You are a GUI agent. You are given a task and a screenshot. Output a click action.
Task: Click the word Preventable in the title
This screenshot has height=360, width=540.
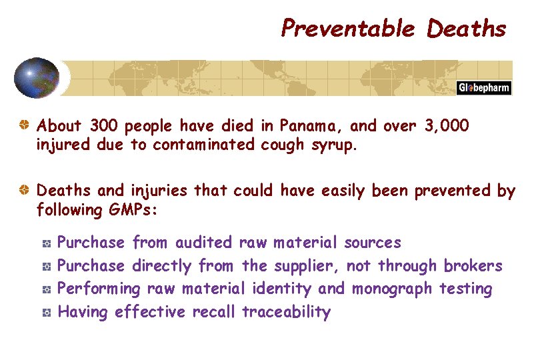point(347,29)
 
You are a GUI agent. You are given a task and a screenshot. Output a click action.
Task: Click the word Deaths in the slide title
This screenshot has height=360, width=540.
point(467,29)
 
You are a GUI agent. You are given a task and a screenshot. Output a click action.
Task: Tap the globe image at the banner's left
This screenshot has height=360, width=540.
point(37,78)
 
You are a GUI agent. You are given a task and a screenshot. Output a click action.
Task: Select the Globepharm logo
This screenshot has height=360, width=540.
point(484,88)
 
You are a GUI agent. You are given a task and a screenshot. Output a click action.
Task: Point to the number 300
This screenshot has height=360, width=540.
point(103,125)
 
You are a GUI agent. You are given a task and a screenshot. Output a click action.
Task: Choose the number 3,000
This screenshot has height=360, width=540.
point(447,125)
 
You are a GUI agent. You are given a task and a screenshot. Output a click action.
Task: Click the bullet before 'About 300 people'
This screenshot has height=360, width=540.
point(25,125)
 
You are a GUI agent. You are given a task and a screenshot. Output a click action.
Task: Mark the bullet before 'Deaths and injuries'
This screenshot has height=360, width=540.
point(25,191)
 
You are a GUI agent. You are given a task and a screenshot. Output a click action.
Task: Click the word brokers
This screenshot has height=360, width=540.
point(473,266)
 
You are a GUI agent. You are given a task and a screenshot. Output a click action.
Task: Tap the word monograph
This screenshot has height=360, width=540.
point(393,289)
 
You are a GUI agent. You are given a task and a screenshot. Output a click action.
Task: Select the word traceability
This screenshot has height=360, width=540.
point(286,312)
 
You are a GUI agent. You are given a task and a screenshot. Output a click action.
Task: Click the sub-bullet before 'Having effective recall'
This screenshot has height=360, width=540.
point(46,312)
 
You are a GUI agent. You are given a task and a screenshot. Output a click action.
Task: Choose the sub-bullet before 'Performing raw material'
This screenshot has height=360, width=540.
point(46,289)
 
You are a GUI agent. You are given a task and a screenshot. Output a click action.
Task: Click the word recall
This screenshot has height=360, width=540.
point(214,312)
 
